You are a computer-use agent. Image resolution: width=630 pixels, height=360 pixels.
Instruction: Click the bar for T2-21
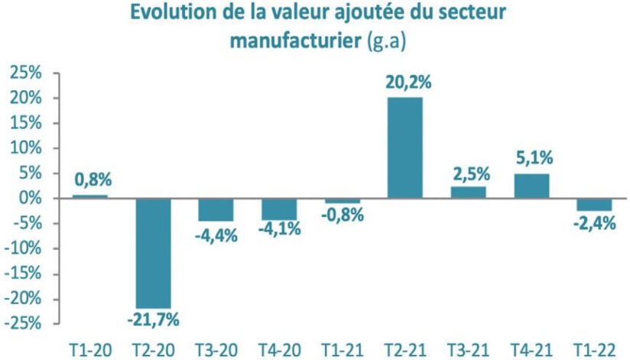(404, 148)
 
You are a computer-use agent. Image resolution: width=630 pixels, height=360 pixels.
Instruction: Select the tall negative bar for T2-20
(153, 253)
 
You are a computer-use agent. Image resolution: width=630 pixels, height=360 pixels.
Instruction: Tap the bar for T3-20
(216, 209)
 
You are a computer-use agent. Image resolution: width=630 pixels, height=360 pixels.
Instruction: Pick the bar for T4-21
(531, 186)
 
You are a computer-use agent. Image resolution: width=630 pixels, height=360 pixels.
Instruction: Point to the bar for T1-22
(593, 204)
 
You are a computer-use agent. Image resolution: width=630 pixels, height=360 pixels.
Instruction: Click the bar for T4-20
(278, 209)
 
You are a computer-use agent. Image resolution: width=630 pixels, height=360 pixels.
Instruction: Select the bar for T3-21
(468, 192)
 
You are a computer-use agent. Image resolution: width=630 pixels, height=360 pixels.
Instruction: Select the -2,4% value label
(593, 225)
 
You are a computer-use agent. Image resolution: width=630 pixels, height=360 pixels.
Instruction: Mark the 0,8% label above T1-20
(93, 180)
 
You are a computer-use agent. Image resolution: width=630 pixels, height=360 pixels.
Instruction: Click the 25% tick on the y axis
(24, 73)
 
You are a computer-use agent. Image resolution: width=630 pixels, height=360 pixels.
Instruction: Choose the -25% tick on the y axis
(22, 323)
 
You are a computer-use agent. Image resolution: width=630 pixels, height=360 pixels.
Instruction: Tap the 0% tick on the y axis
(30, 199)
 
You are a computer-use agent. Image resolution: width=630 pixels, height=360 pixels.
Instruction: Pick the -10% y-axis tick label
(22, 248)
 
